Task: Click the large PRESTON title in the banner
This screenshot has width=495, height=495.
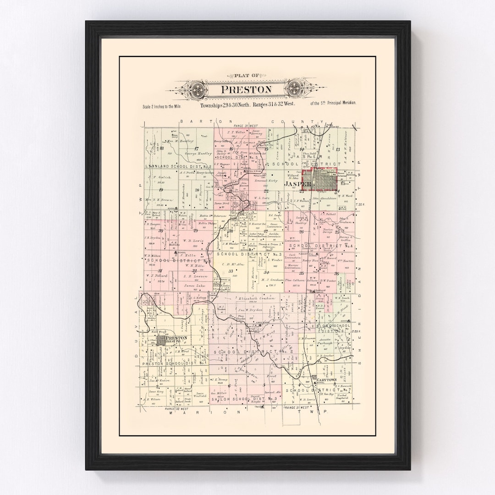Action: click(x=246, y=89)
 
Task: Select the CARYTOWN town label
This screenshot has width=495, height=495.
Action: click(x=326, y=379)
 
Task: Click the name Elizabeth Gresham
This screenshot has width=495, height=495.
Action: click(x=254, y=298)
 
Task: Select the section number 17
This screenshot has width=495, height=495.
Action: click(x=196, y=148)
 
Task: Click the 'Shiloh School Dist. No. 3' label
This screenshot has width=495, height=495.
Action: click(x=244, y=399)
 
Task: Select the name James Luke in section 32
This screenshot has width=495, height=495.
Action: click(x=193, y=286)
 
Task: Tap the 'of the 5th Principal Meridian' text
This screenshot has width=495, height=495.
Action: click(x=333, y=104)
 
